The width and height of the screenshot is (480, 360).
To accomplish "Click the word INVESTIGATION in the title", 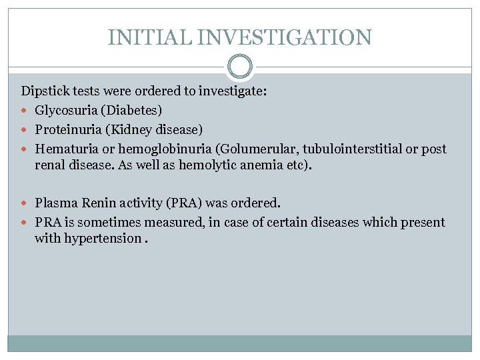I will tap(283, 37).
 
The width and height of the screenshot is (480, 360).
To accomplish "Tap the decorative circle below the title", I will tap(240, 67).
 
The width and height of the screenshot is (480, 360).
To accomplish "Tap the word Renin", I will tap(97, 202).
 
